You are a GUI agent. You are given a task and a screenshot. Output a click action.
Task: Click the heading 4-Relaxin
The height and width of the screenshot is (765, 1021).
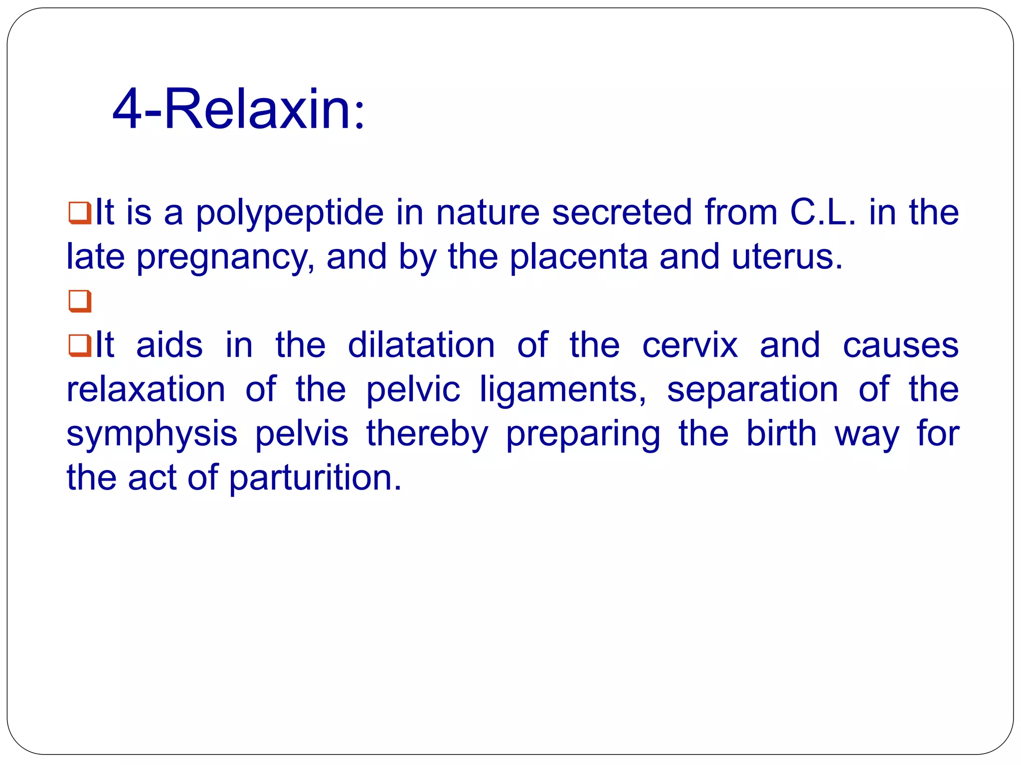tap(238, 109)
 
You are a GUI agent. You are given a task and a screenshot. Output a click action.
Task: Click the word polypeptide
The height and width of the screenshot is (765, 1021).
tap(290, 213)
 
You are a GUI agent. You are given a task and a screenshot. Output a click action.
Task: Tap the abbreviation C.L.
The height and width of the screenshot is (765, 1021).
tap(823, 212)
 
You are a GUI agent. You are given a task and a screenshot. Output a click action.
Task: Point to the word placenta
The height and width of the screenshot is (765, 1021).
tap(579, 257)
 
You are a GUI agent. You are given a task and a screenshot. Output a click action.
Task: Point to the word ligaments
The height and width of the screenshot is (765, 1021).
tap(563, 390)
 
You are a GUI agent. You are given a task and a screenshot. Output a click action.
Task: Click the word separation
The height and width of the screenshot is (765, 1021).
tap(752, 390)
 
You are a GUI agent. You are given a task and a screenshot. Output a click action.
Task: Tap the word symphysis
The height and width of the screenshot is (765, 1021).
tap(152, 434)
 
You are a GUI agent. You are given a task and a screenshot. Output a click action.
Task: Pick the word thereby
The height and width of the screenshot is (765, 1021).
tap(427, 434)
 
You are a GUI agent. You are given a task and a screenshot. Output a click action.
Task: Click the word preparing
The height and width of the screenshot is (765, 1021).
tap(583, 434)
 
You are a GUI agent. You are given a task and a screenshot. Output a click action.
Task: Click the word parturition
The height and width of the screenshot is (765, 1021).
tap(315, 478)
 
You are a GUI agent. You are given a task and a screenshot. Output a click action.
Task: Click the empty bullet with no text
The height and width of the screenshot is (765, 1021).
tap(80, 301)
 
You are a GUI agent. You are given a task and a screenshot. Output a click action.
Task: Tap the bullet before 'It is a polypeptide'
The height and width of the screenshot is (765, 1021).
tap(80, 213)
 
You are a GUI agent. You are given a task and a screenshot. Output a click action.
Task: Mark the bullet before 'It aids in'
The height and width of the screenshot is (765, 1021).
tap(80, 345)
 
